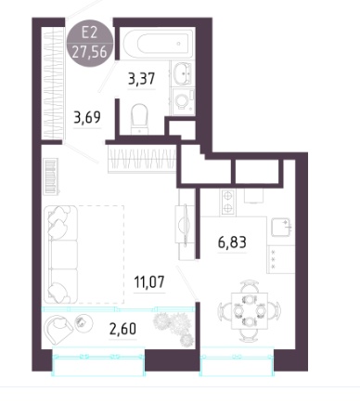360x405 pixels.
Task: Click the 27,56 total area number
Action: [x=90, y=51]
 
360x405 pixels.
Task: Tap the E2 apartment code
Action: [x=89, y=33]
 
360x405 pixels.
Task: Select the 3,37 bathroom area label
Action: [x=141, y=79]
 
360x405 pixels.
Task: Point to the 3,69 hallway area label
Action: [x=87, y=117]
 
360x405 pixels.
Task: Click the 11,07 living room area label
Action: [x=149, y=281]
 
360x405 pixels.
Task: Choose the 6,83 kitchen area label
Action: [x=232, y=242]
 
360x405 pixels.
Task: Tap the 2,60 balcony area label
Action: [x=122, y=329]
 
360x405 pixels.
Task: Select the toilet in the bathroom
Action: [x=139, y=119]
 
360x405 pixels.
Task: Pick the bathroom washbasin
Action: [x=184, y=73]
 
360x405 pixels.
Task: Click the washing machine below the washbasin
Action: [x=184, y=101]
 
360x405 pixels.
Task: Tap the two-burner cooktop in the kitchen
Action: [x=227, y=202]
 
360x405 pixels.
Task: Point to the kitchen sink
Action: [x=281, y=228]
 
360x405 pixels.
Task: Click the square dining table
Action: [x=250, y=311]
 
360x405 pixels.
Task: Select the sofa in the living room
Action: [x=60, y=255]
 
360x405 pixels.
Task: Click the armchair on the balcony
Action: [x=58, y=329]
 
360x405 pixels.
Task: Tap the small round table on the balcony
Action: [x=84, y=323]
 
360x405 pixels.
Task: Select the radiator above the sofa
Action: [x=51, y=176]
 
